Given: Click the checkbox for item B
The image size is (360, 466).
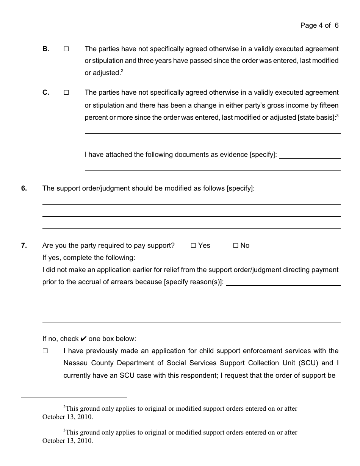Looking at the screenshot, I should [x=66, y=49].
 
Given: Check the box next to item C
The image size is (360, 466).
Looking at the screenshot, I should [x=66, y=92].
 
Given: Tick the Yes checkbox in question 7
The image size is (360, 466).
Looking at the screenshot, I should [x=193, y=246].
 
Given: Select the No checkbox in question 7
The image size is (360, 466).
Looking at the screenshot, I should [x=235, y=246].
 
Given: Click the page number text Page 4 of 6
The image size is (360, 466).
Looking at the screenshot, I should [x=319, y=25].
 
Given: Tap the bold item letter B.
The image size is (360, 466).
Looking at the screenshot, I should [x=45, y=49].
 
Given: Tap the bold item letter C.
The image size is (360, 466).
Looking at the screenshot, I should [x=45, y=92].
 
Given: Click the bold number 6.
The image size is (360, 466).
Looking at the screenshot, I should [x=24, y=188].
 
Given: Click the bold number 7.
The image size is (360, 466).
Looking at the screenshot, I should [x=24, y=246].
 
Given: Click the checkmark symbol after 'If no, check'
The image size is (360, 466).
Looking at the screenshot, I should [x=84, y=339].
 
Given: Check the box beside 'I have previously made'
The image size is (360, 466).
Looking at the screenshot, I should [x=45, y=351].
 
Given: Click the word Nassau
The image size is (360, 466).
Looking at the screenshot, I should [x=75, y=363].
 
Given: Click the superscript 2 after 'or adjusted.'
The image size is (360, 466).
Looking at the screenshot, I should [x=122, y=71].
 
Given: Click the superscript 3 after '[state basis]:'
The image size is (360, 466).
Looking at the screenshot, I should [x=337, y=116].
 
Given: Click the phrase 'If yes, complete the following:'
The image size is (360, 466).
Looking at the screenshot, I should [x=89, y=258].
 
